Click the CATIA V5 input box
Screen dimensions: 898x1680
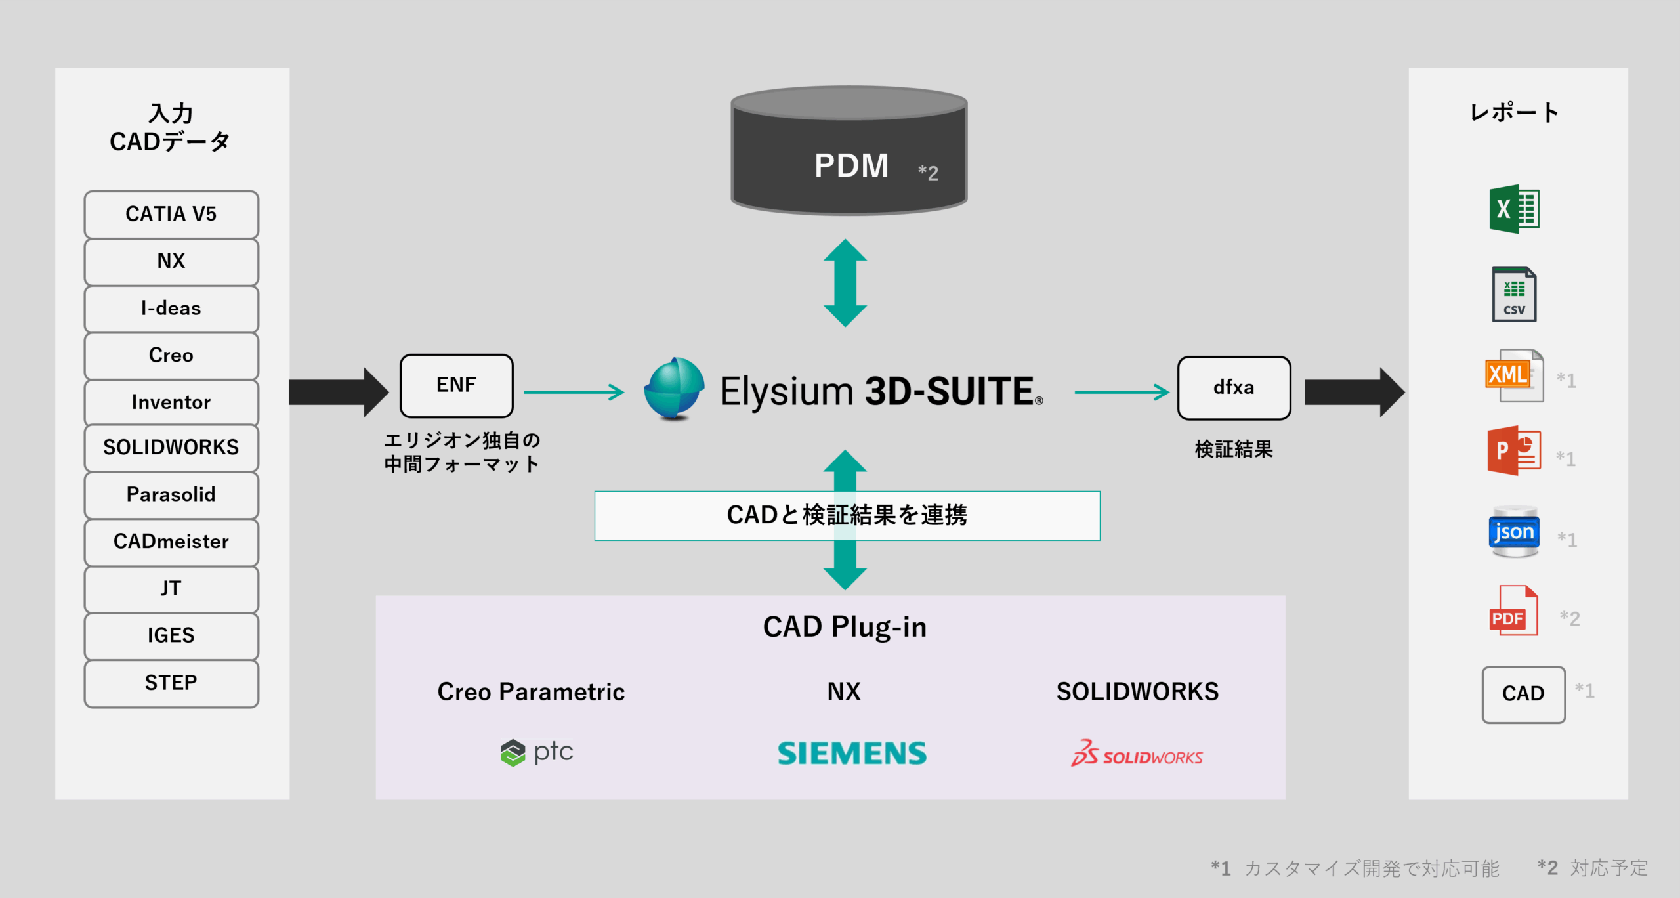click(171, 215)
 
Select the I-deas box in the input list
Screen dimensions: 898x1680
click(171, 309)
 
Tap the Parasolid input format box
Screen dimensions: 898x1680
click(171, 495)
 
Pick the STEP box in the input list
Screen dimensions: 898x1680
click(171, 683)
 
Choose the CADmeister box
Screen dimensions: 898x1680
click(171, 542)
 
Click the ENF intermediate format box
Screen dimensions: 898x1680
click(457, 386)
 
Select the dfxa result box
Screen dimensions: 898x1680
click(1234, 388)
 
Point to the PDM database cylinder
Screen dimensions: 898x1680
click(849, 151)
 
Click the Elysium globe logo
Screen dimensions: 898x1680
click(674, 389)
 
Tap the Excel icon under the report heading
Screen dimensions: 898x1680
click(1513, 209)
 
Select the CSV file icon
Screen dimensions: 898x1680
click(1514, 294)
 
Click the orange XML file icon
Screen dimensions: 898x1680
click(1513, 375)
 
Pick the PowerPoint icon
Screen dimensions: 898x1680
click(1513, 451)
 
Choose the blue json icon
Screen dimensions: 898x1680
click(1514, 532)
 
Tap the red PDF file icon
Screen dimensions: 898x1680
click(1513, 611)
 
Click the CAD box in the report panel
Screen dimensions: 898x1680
click(1523, 695)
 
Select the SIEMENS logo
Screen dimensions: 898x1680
click(852, 753)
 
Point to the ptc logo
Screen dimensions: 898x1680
click(537, 752)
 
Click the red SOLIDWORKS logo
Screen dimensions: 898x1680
click(1137, 754)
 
